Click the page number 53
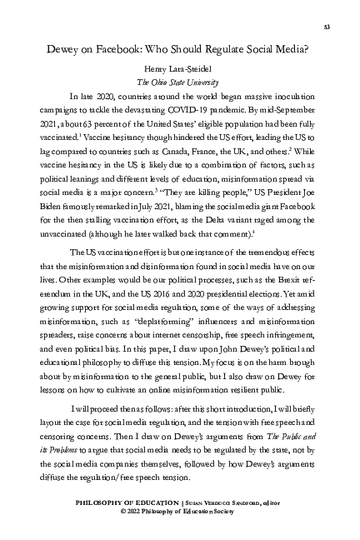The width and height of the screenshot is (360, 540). (x=327, y=27)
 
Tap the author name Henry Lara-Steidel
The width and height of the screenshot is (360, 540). (x=179, y=70)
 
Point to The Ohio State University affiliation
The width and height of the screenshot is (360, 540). (x=179, y=82)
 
